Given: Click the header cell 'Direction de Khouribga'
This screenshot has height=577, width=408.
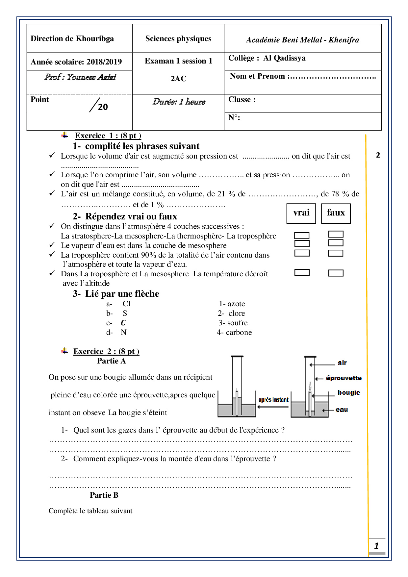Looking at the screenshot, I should pos(72,39).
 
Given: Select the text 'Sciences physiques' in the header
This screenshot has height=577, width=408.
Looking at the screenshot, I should pos(178,39).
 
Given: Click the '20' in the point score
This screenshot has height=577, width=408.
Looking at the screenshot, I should pos(103,107).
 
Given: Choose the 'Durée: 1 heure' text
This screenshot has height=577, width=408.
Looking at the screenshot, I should pos(179,102).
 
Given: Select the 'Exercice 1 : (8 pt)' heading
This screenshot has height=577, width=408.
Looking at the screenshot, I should pos(108,136).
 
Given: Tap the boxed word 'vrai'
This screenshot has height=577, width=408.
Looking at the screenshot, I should pos(301,213).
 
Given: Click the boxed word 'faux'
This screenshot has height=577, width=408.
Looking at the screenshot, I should pos(336,213).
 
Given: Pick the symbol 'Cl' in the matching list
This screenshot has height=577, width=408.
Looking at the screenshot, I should pos(126,304).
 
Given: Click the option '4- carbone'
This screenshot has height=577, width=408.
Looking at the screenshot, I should pos(234,332).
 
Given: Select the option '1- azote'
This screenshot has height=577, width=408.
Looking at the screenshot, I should pos(232,304).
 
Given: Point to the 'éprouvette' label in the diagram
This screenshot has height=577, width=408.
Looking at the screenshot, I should pos(344,378).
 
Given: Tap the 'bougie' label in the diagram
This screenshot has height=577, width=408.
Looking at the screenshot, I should pos(349,392).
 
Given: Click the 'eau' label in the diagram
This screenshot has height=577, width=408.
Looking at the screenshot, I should pos(342,410).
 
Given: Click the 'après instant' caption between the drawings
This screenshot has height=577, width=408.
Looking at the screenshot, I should pos(273,400).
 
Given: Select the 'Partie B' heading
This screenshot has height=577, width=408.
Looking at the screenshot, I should pos(104,495).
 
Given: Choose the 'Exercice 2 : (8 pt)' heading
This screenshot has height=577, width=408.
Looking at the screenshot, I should pos(106,351).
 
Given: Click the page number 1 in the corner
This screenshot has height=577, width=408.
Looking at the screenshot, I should pos(376,546).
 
